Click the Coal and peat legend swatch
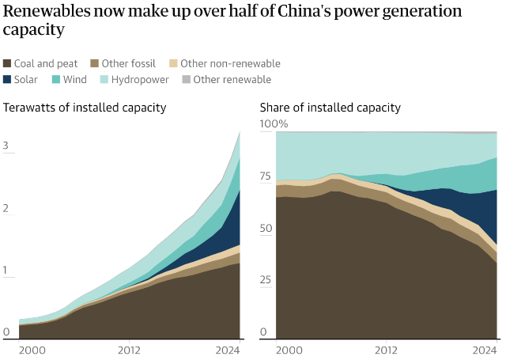8,63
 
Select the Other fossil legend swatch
95,63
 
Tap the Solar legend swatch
8,79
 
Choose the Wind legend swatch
57,79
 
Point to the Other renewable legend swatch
186,79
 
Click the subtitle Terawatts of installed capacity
85,108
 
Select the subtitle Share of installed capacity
330,108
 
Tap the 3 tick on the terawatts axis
6,146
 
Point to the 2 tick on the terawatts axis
6,208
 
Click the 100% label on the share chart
274,124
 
